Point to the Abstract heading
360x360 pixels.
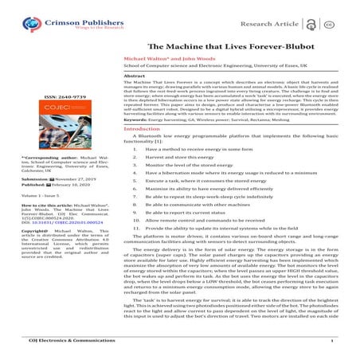(134, 74)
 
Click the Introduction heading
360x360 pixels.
(142, 128)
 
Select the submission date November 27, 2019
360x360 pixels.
(71, 178)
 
